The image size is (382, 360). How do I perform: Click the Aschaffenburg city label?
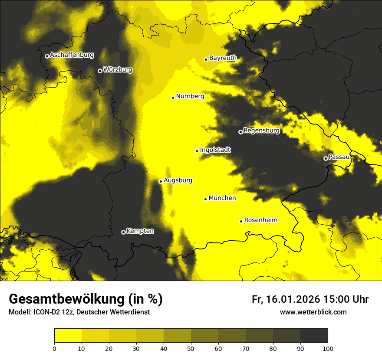[x=72, y=55]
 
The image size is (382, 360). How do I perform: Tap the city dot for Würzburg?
[x=100, y=71]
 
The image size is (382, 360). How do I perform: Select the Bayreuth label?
[x=223, y=58]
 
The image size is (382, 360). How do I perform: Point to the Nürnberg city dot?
[x=173, y=98]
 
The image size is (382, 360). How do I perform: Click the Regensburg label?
[x=261, y=130]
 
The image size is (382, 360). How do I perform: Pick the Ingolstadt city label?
[x=215, y=150]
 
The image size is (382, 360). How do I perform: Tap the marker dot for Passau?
[x=326, y=158]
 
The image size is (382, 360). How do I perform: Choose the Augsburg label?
[x=178, y=180]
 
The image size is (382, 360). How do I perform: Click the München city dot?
[x=205, y=199]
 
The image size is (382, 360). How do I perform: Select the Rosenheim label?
[x=260, y=220]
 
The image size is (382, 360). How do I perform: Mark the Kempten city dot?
[x=123, y=232]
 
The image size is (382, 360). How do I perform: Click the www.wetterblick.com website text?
[x=313, y=312]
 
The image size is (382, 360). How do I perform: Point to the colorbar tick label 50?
[x=191, y=348]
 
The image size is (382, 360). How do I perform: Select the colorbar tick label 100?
[x=328, y=348]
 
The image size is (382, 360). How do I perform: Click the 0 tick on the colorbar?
[x=54, y=348]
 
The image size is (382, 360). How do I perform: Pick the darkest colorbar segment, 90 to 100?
[x=314, y=336]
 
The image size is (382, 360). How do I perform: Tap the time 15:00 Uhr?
[x=346, y=299]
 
